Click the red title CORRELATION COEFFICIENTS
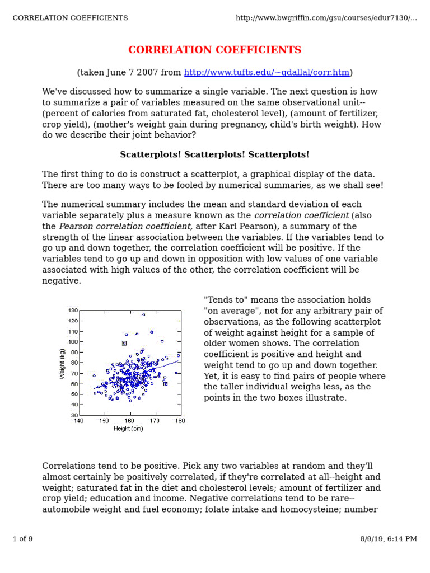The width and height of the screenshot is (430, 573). point(214,50)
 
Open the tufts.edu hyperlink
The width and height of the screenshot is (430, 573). point(267,73)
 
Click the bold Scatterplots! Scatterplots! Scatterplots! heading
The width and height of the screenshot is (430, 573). point(214,154)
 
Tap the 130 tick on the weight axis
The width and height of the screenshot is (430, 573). point(73,311)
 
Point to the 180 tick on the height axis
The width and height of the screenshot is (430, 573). point(180,421)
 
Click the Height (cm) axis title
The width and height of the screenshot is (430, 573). point(128,429)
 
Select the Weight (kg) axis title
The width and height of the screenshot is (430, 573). point(62,363)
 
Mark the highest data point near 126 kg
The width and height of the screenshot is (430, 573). point(144,315)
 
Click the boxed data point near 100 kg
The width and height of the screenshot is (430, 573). point(124,343)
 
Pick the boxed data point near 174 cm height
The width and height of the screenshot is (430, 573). point(165,384)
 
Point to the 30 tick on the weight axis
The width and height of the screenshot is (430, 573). point(74,415)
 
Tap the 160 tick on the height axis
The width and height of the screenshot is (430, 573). point(129,421)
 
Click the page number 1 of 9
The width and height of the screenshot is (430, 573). point(22,539)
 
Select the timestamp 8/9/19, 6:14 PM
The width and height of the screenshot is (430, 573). point(389,539)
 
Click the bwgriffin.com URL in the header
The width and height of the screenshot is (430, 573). point(326,18)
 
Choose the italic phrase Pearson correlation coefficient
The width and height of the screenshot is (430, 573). point(126,227)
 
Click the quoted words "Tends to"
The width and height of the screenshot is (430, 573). point(223,300)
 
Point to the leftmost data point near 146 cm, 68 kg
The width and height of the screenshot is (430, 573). point(94,375)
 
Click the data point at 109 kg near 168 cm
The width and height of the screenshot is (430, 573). point(152,332)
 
